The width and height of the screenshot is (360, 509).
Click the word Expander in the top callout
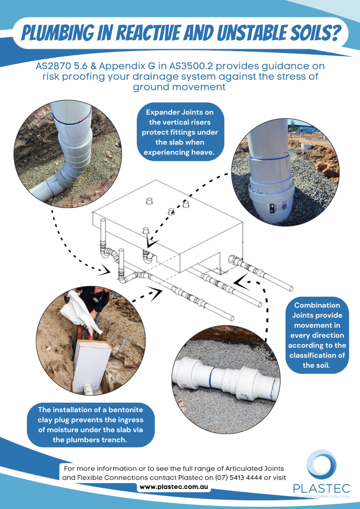tap(161, 113)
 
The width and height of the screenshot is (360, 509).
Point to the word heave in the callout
tap(201, 152)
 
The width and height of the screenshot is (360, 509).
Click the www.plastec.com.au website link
tap(174, 487)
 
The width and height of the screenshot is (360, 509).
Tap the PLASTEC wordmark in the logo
tap(322, 488)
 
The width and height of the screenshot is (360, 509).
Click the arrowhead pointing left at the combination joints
tap(242, 282)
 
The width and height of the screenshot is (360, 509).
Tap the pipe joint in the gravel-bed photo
tap(226, 378)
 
